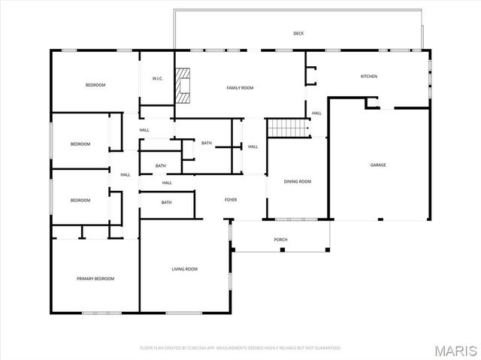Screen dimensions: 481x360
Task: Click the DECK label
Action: pos(298,33)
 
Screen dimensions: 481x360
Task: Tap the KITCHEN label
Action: pos(369,77)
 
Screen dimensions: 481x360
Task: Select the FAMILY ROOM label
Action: pos(240,88)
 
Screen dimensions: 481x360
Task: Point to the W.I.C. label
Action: pos(158,79)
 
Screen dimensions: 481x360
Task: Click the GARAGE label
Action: pos(378,165)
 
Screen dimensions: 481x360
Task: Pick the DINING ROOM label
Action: pos(298,182)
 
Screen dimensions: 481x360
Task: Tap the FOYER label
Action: pos(231,200)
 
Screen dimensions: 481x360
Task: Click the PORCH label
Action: pos(280,240)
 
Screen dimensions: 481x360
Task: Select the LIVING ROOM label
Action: pos(185,269)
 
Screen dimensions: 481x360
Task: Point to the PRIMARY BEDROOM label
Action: pos(95,279)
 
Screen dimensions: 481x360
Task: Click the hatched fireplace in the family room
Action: pos(183,86)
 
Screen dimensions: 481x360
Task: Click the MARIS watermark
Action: pos(455,351)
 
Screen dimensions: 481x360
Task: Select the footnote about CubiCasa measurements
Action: pos(240,348)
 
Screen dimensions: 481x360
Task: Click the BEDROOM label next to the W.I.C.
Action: pos(95,85)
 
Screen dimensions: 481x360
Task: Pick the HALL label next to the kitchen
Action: pos(316,113)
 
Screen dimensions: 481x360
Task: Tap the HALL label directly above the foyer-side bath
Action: pos(167,183)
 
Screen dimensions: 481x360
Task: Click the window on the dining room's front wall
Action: pos(296,219)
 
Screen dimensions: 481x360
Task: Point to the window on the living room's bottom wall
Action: pos(184,313)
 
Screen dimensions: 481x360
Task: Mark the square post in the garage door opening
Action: pos(380,219)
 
